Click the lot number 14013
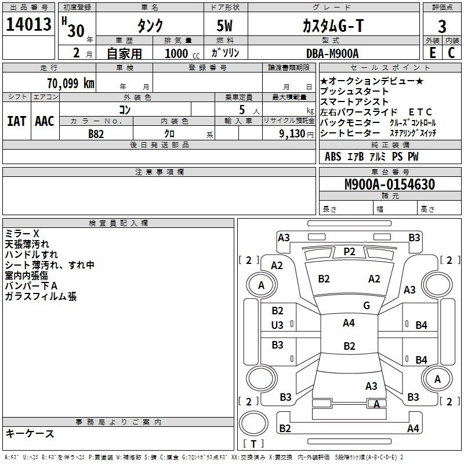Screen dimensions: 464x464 28,24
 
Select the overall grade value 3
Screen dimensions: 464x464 442,27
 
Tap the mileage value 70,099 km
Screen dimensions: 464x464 71,84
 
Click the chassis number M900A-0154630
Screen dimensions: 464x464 390,184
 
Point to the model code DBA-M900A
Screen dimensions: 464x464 332,53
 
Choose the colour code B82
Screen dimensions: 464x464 96,134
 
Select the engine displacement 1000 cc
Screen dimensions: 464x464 182,53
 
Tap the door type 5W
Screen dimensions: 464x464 224,26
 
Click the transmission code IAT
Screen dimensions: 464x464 17,121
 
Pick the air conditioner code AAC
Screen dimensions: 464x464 45,121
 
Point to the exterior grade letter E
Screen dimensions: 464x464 433,53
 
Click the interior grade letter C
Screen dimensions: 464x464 451,53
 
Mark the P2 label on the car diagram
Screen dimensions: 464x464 349,252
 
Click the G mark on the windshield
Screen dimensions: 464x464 367,305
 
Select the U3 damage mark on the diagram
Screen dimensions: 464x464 277,325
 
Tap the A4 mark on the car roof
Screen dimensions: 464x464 349,323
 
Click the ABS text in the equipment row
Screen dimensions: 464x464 333,157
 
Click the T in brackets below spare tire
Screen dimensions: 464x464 253,444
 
